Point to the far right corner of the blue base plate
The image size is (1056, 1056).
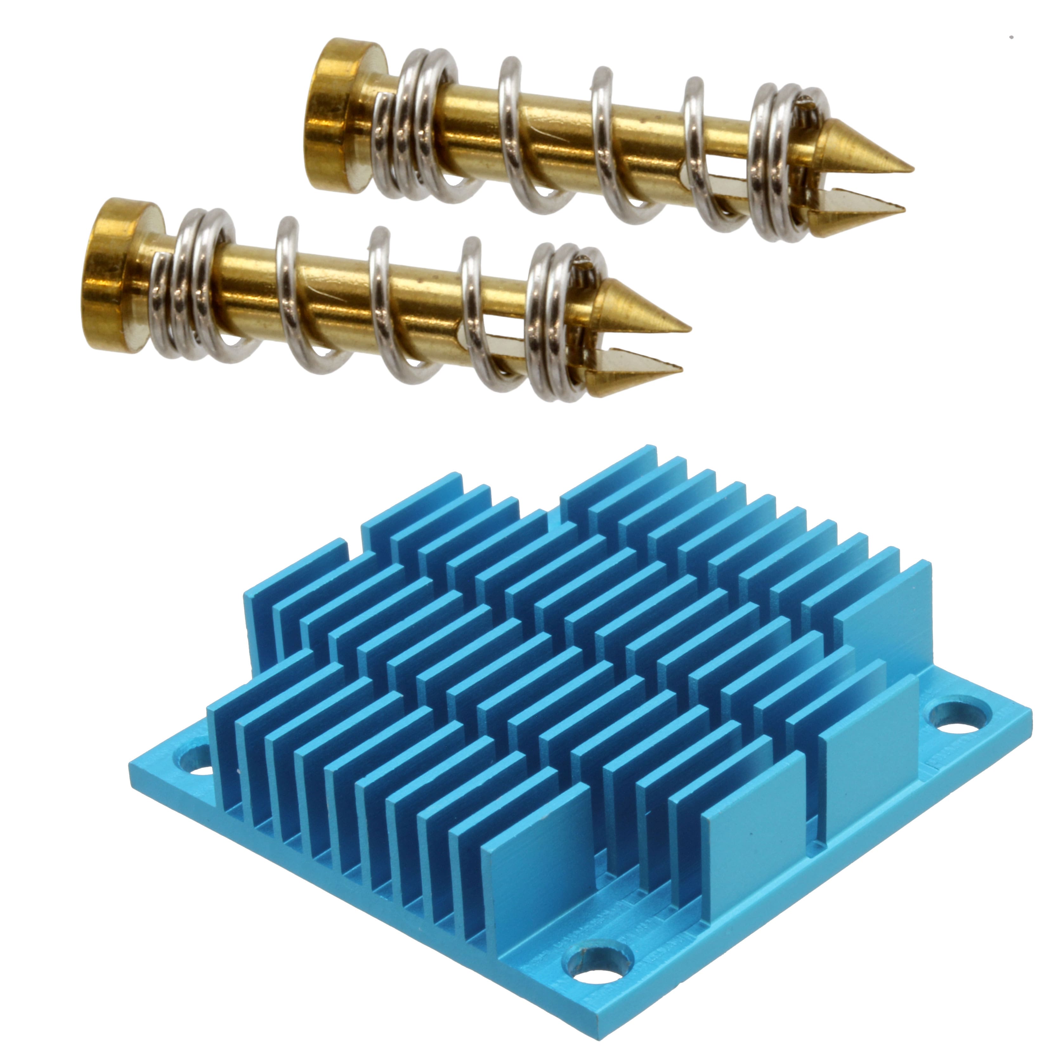point(1030,713)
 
